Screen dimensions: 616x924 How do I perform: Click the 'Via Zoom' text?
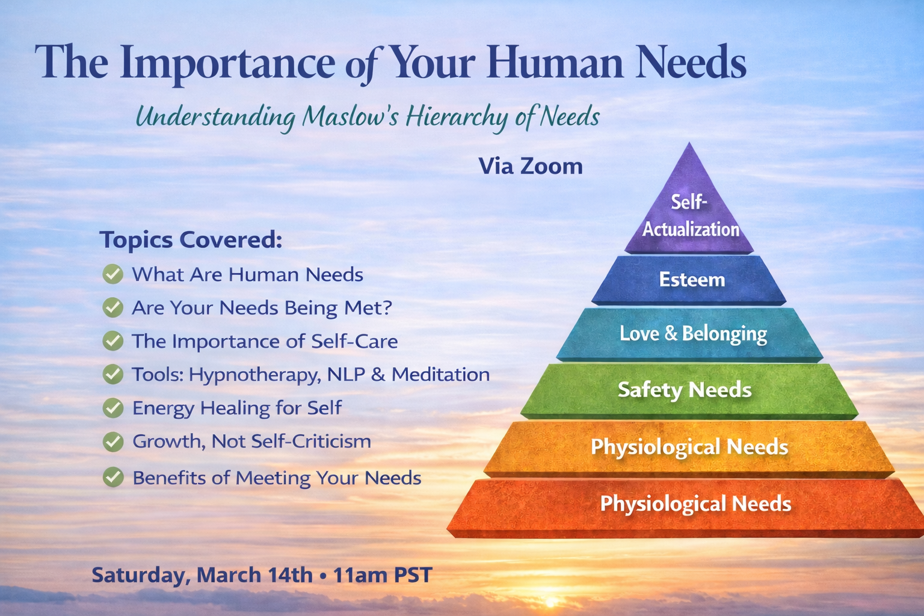point(531,167)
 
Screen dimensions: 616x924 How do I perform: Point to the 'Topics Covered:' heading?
point(191,239)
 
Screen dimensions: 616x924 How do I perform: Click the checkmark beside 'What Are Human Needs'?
point(112,274)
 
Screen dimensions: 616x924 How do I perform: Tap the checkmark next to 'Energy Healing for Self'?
point(112,408)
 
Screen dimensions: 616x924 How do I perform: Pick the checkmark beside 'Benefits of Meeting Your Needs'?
point(112,478)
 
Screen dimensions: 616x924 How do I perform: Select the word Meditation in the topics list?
point(440,374)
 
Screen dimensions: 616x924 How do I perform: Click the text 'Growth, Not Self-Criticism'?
point(251,442)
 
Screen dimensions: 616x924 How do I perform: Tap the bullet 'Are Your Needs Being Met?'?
point(262,308)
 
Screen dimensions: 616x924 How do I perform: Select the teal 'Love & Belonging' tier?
point(692,334)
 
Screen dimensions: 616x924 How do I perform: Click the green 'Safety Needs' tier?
point(686,390)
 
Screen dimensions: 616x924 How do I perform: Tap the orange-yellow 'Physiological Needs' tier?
point(689,447)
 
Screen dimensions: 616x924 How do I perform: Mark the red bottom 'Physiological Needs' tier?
point(695,504)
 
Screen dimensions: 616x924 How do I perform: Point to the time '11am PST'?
point(383,575)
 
